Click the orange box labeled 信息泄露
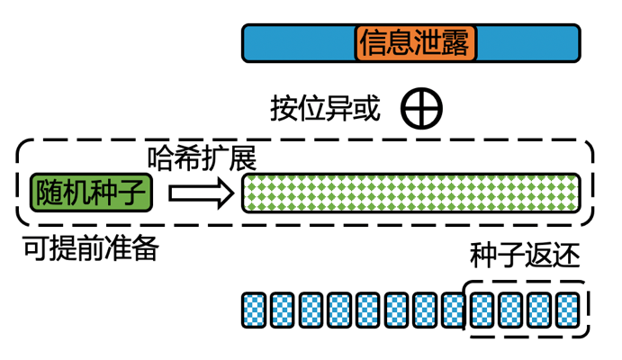(x=415, y=43)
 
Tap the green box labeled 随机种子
(x=94, y=193)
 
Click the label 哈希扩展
(x=203, y=157)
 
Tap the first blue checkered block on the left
(x=255, y=310)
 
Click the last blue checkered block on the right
(x=567, y=310)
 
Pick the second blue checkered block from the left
(x=284, y=310)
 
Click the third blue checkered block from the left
(x=311, y=310)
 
